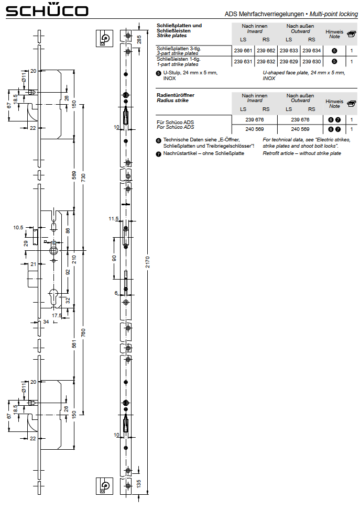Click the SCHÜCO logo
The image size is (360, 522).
click(x=47, y=10)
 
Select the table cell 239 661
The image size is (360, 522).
click(x=243, y=51)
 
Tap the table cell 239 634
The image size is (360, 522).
click(x=312, y=51)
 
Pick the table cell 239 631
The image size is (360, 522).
click(x=243, y=61)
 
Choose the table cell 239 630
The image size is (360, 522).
click(x=312, y=61)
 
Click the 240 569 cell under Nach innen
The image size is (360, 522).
click(x=255, y=129)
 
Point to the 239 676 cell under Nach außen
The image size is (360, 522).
click(x=300, y=120)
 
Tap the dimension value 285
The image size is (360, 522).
click(x=139, y=38)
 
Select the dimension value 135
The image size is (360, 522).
click(x=139, y=483)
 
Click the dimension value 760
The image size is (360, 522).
click(x=83, y=333)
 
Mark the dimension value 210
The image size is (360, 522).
click(x=74, y=259)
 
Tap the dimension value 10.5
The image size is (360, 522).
click(x=18, y=227)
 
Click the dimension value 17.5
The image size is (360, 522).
click(x=57, y=315)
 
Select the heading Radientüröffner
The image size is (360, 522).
click(x=176, y=95)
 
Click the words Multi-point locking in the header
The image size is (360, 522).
click(x=333, y=14)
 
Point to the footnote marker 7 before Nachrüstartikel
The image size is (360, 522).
click(x=158, y=153)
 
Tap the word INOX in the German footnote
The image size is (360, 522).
click(x=169, y=78)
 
